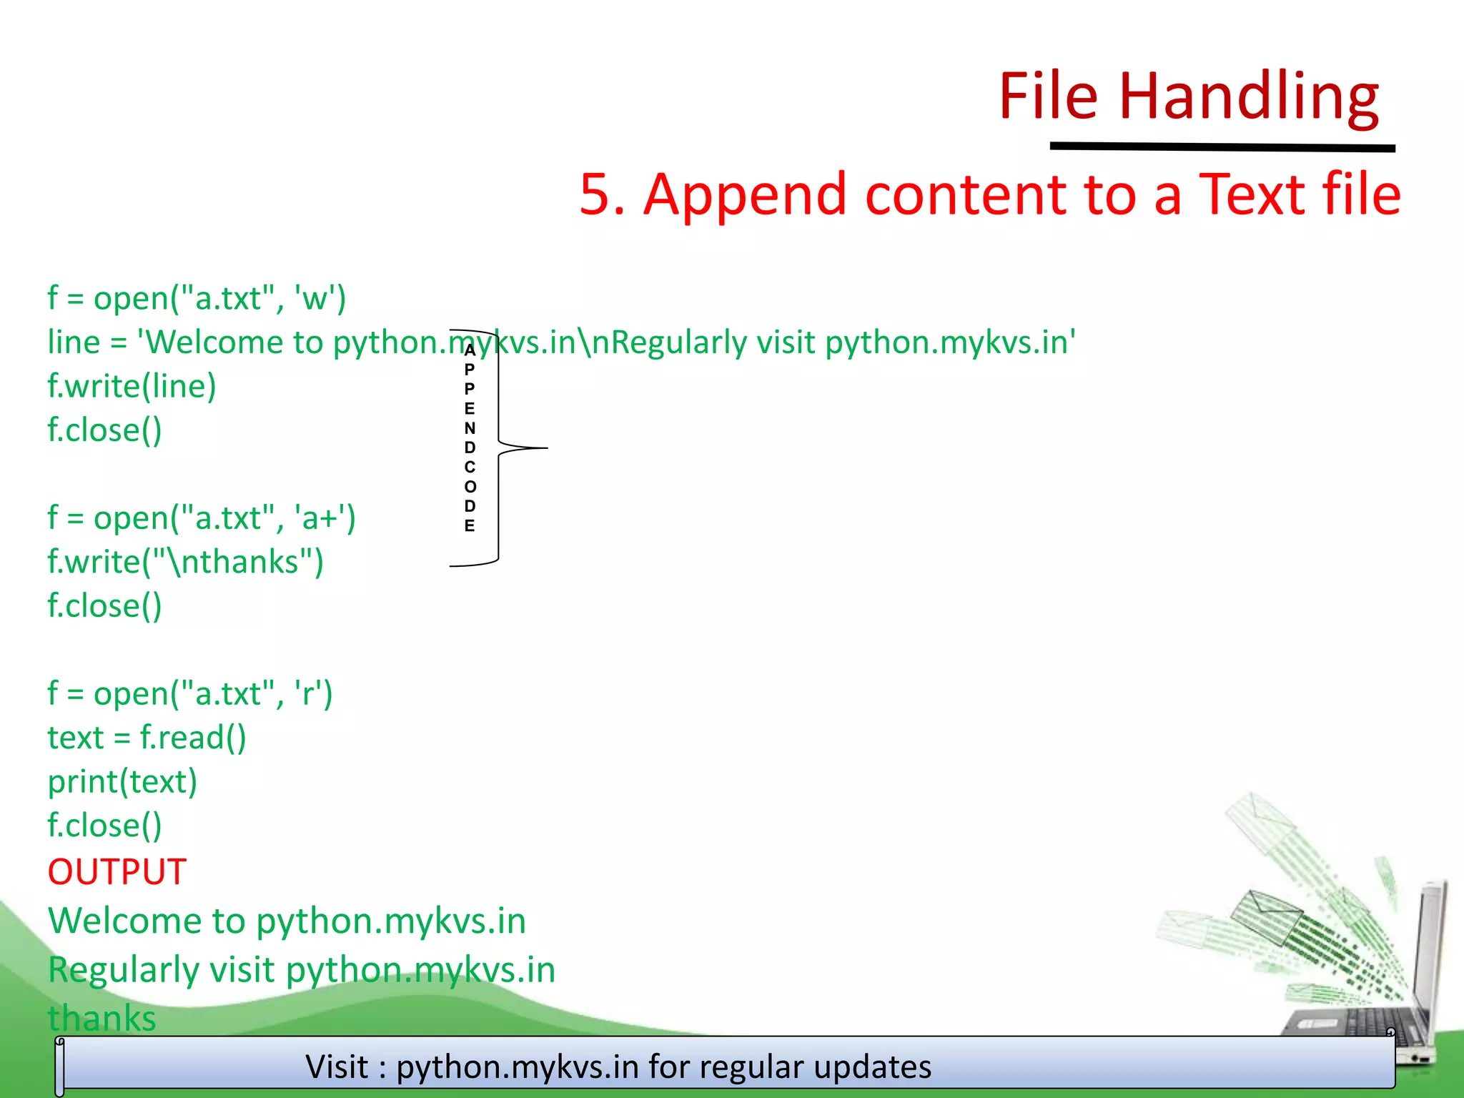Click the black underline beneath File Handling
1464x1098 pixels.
click(1222, 147)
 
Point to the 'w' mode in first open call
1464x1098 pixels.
click(315, 298)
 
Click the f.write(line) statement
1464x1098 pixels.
click(132, 386)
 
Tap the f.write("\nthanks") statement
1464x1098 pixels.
click(185, 562)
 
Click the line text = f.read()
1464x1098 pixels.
click(147, 738)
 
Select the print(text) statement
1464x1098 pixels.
click(122, 782)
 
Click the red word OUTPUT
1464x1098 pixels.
click(117, 872)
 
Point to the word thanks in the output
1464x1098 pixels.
click(102, 1018)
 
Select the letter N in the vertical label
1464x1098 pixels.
click(470, 428)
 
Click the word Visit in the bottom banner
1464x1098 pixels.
click(337, 1067)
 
